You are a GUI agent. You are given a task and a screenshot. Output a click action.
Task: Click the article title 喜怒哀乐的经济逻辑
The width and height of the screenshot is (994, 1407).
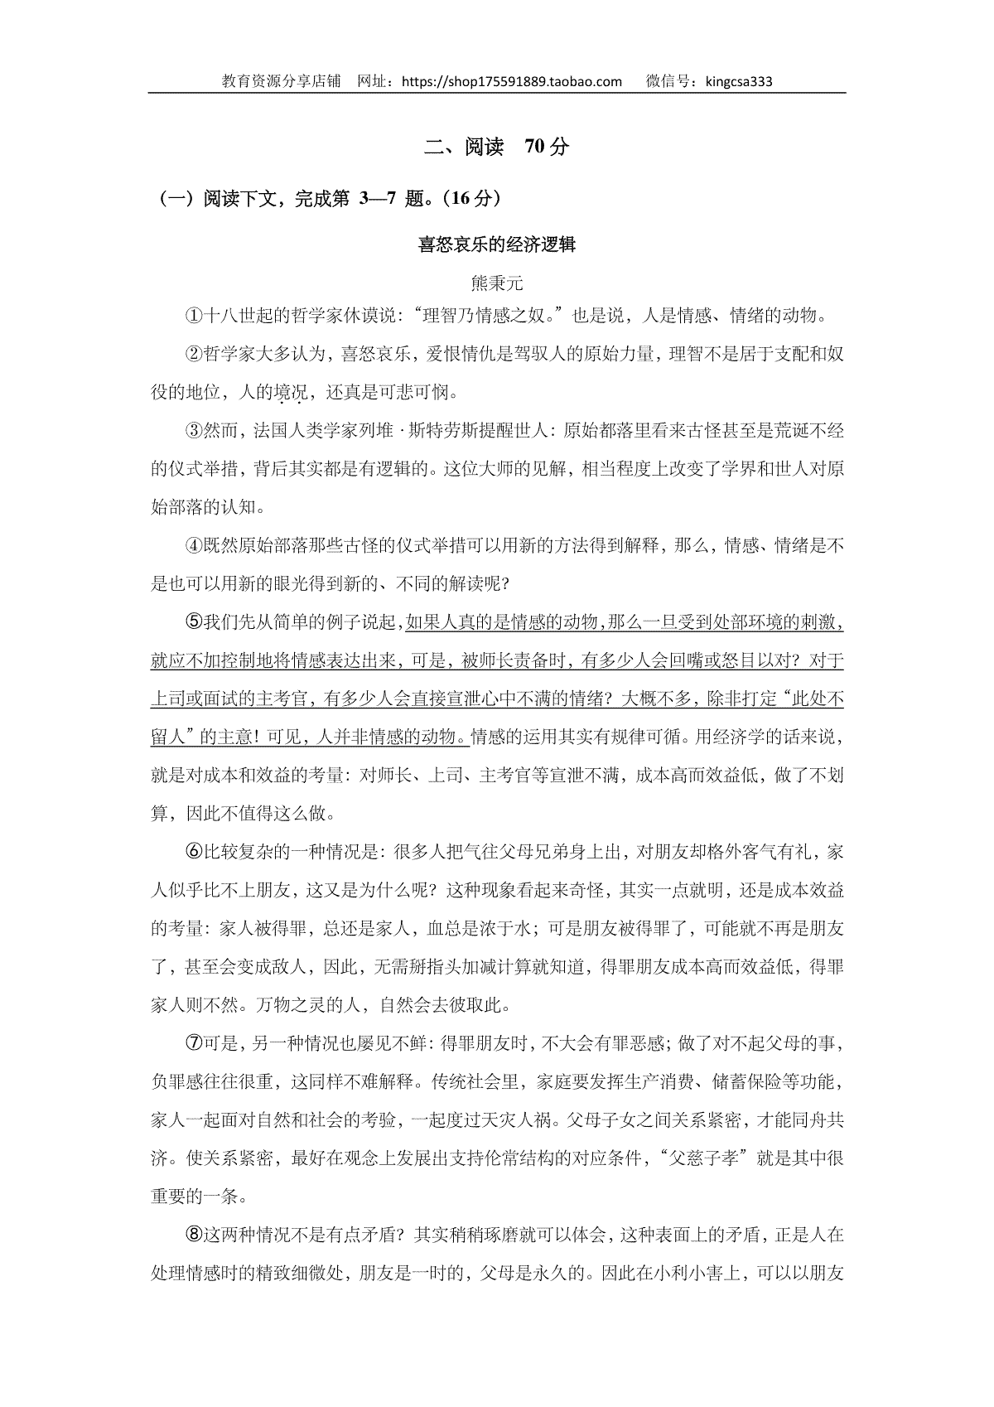(x=497, y=245)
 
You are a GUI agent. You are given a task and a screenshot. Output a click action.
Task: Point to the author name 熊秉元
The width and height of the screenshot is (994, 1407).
(x=497, y=283)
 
